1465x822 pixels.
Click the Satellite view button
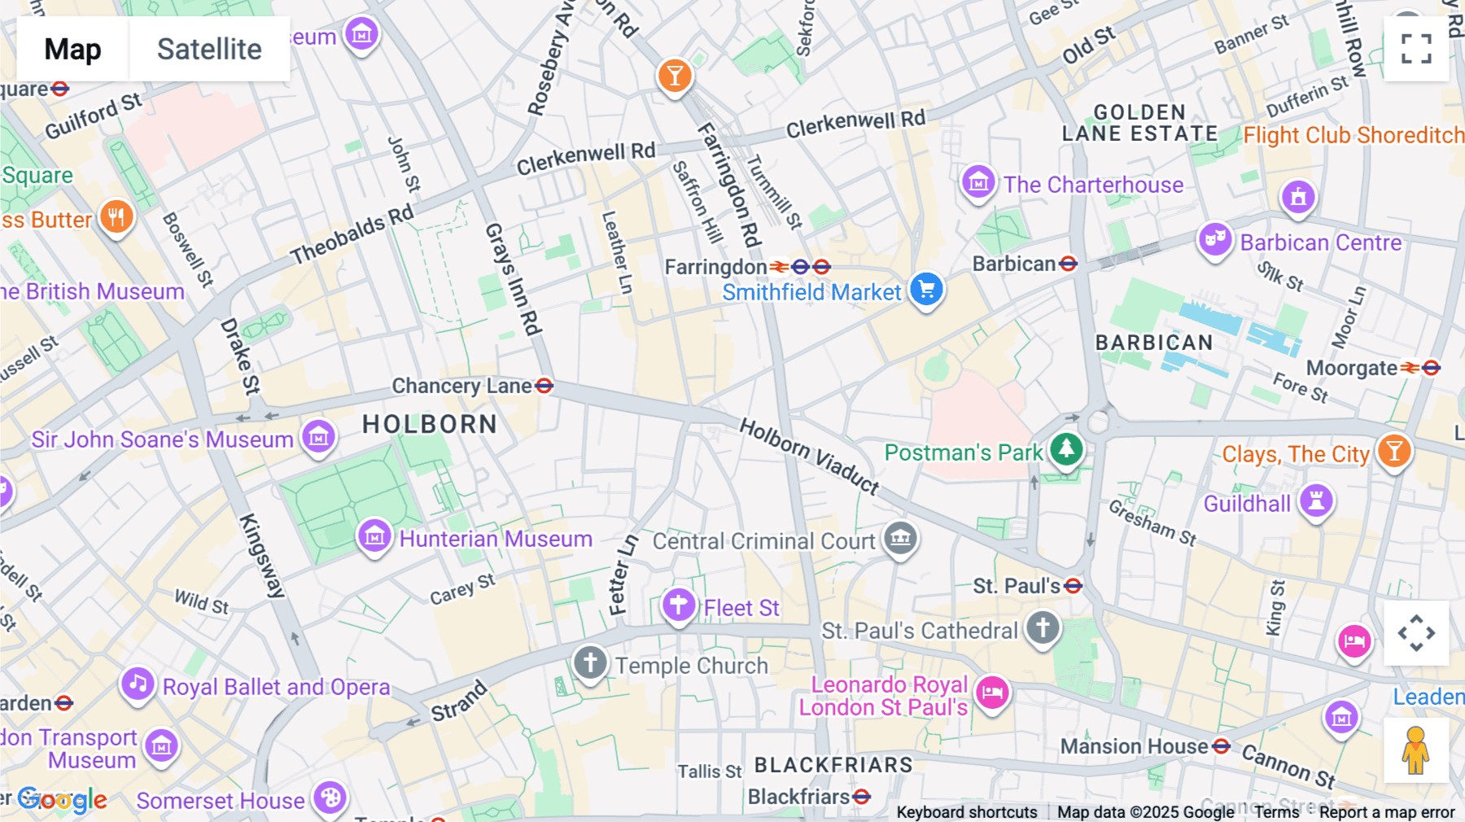click(209, 49)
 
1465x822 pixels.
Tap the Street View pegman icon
click(1415, 750)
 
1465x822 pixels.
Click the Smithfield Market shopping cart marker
click(926, 289)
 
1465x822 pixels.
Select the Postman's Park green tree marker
click(1066, 448)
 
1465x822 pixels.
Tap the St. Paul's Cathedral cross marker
click(1043, 627)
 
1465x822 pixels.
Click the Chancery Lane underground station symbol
click(544, 386)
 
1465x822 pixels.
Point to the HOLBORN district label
click(430, 424)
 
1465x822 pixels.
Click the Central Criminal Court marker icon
click(900, 538)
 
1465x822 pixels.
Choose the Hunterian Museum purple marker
click(374, 536)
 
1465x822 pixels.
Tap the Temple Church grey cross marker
click(590, 662)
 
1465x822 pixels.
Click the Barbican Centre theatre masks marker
click(1214, 239)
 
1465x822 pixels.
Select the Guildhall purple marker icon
click(1316, 501)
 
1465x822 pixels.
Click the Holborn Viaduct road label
click(809, 456)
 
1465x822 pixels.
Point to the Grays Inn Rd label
click(513, 279)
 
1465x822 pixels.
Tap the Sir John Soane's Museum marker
click(318, 437)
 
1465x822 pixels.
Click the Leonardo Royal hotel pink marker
click(992, 693)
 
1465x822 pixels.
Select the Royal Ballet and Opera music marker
click(138, 684)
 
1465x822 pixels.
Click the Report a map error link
click(1387, 811)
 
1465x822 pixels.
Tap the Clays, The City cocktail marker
click(1394, 451)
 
